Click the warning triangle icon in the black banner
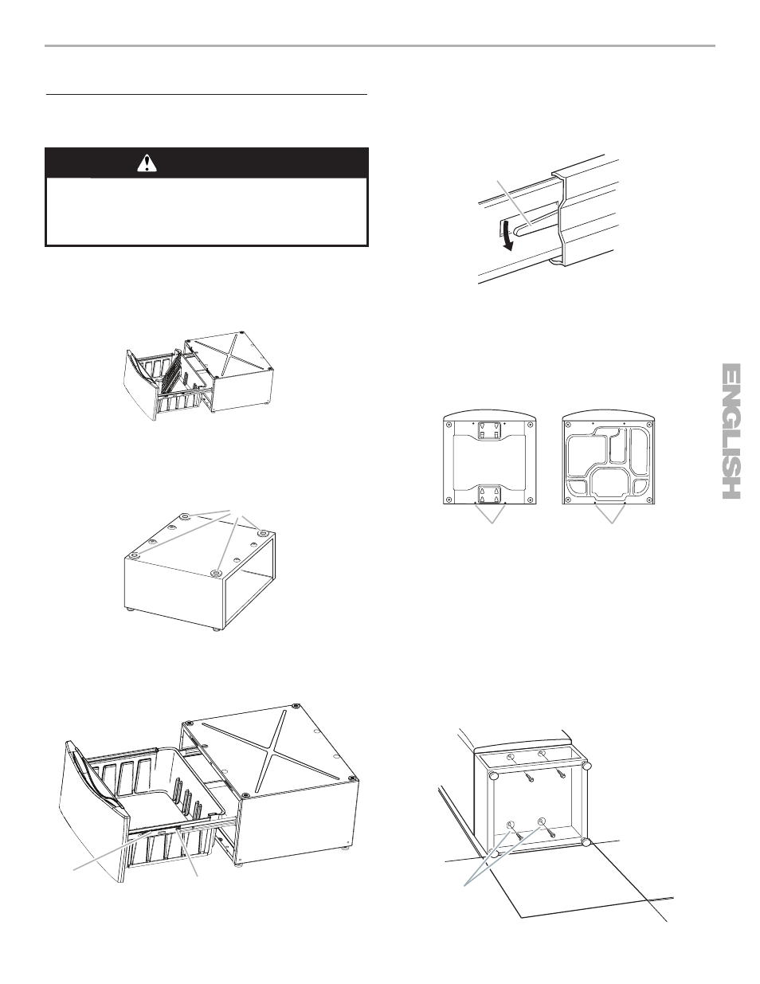147,163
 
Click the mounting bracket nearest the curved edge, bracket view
489,431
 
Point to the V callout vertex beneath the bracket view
492,523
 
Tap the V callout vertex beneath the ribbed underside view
612,523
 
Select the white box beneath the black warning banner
206,211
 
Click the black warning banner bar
206,163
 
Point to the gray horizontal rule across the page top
379,45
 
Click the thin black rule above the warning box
206,95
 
